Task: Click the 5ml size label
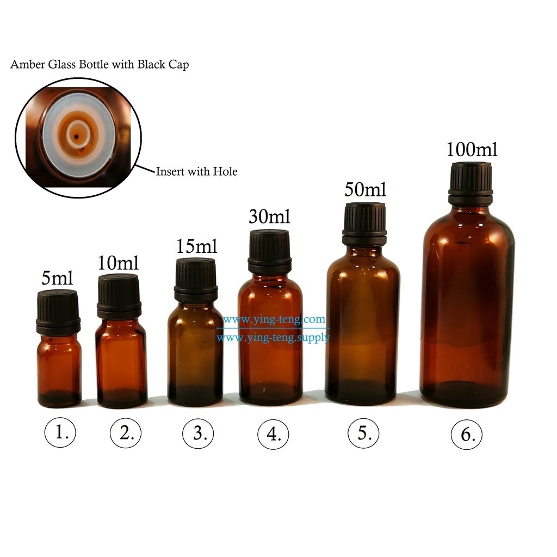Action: [57, 278]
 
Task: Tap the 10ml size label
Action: [118, 263]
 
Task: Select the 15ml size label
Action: [196, 246]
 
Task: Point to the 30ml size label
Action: [270, 216]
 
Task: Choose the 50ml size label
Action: [365, 189]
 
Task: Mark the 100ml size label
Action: [472, 149]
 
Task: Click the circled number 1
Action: [60, 432]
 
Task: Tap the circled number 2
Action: [126, 433]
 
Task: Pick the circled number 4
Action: [273, 434]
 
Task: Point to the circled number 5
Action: [363, 433]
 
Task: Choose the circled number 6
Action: [466, 435]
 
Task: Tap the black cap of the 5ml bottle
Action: [58, 308]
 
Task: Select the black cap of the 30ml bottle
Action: [270, 251]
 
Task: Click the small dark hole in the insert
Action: [76, 136]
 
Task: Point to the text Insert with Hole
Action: [196, 171]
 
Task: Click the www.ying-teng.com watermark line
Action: [274, 320]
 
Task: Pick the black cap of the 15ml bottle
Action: [196, 280]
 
